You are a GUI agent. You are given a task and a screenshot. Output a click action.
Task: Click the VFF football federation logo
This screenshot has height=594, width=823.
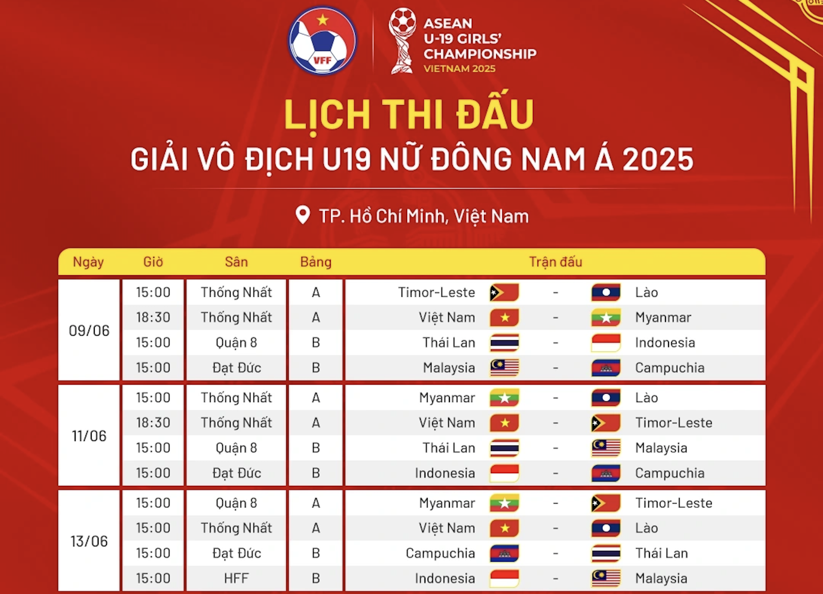[x=322, y=41]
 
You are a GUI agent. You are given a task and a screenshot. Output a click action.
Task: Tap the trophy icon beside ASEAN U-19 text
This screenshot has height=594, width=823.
[x=402, y=41]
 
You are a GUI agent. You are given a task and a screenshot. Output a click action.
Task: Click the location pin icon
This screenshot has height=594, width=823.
[x=302, y=215]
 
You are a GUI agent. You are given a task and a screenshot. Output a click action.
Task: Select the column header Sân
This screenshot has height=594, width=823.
[x=236, y=262]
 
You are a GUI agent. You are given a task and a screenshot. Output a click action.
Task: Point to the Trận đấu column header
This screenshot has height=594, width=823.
[x=556, y=262]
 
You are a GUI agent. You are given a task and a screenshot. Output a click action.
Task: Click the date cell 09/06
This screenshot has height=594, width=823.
[x=89, y=331]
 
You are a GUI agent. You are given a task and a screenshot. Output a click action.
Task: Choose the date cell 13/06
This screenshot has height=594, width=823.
[x=89, y=541]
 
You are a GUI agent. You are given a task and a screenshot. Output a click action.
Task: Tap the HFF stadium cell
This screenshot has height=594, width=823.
[x=236, y=578]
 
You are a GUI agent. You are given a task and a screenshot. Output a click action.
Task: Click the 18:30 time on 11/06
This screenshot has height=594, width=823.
[x=153, y=423]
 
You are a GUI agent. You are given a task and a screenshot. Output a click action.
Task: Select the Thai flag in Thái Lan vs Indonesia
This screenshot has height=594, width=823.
[x=504, y=343]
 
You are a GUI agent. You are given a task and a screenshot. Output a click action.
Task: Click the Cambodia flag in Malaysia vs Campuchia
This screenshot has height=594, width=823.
[x=606, y=368]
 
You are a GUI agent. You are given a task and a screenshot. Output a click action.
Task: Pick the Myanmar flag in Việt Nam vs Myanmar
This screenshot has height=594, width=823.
[x=606, y=317]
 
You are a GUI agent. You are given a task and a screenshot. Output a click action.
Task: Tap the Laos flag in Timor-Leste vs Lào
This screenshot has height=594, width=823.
[x=606, y=292]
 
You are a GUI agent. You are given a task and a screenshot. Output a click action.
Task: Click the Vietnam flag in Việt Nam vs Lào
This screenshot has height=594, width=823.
[x=504, y=528]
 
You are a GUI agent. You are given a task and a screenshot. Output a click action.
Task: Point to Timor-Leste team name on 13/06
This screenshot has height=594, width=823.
[x=674, y=503]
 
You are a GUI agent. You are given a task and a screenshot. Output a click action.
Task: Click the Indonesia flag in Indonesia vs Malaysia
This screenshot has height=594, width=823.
[x=504, y=579]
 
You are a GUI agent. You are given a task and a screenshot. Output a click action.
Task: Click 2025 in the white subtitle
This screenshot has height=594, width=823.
[x=658, y=159]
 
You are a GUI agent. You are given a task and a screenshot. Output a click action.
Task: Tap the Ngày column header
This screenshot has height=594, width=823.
[x=88, y=262]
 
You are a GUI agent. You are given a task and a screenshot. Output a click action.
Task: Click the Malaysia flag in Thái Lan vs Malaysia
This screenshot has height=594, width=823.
[x=606, y=448]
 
